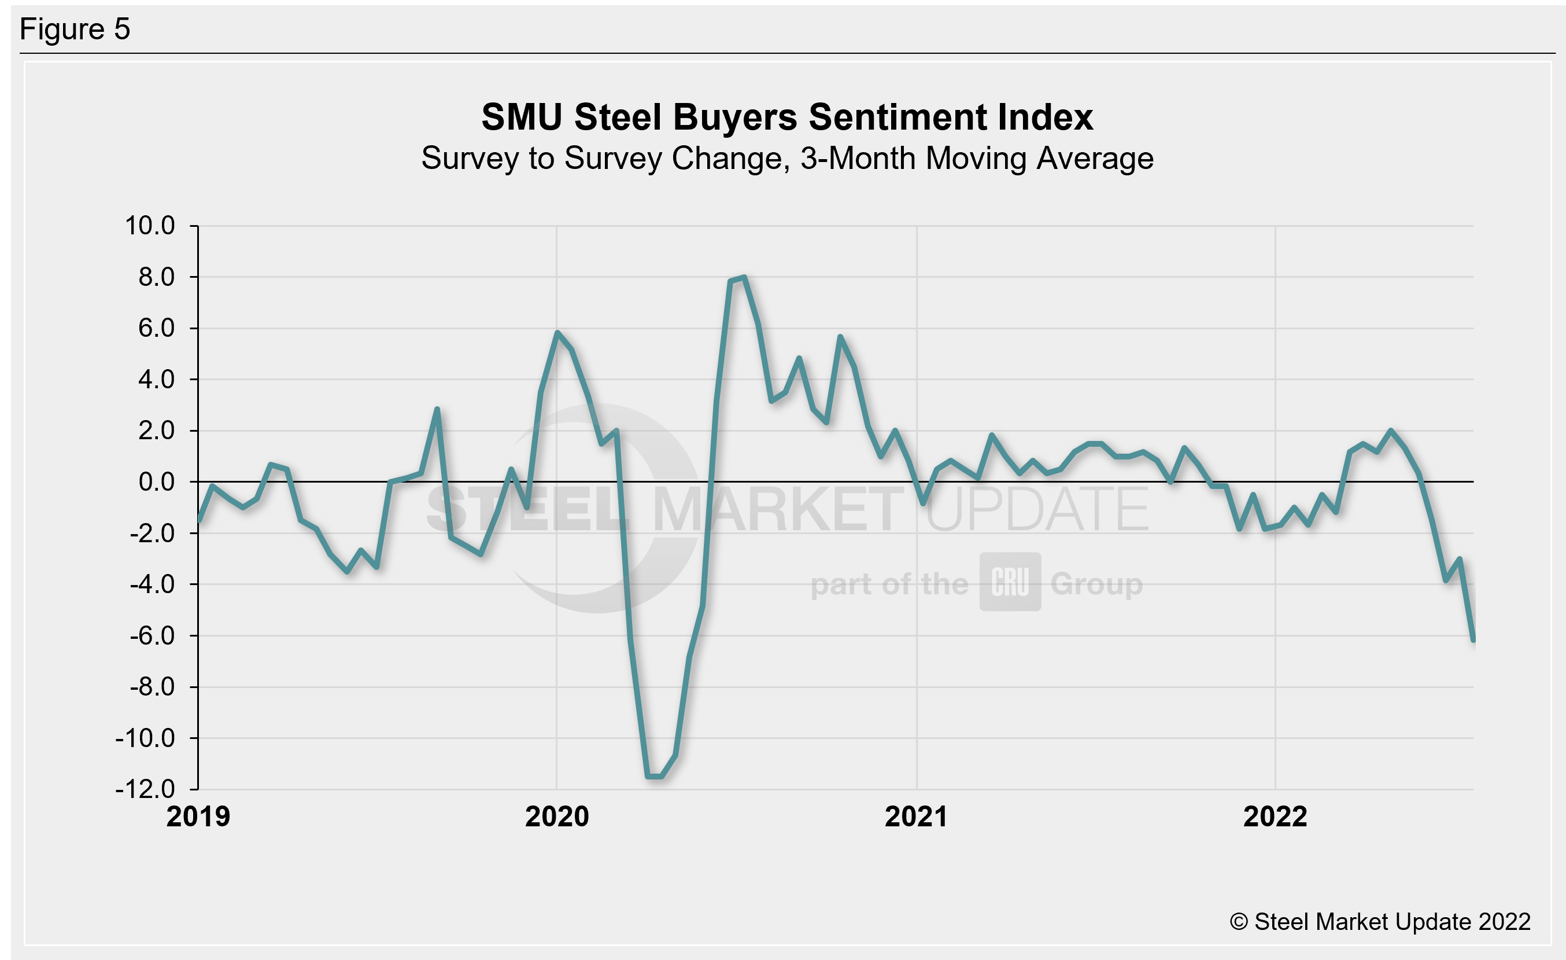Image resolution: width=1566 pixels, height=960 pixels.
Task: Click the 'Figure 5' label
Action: [75, 30]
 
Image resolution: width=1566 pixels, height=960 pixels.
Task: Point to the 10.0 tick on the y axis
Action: [150, 226]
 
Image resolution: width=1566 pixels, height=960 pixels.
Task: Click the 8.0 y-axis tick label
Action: [156, 277]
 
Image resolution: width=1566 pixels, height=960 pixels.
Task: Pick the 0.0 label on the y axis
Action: [156, 482]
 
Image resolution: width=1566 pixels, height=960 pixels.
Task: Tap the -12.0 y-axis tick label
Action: [145, 789]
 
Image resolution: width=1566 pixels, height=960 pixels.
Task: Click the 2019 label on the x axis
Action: [198, 817]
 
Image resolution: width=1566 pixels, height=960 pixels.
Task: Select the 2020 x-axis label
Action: [557, 817]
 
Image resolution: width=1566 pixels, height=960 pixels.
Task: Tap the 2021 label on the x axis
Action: [916, 817]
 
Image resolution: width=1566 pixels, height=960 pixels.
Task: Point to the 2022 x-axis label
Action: [1275, 817]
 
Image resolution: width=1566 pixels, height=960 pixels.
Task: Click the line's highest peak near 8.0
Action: [744, 277]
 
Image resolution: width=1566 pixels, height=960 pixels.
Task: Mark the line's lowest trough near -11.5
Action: [655, 776]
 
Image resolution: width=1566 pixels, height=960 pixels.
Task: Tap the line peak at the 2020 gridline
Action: [557, 333]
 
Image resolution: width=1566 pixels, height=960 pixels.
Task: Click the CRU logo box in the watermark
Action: [1010, 582]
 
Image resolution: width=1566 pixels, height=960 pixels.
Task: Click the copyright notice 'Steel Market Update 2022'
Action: [1380, 922]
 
